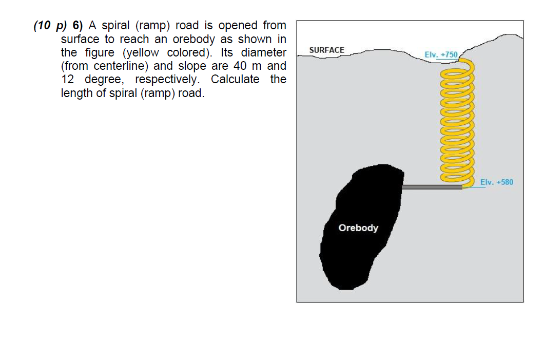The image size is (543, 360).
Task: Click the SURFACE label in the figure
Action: click(x=327, y=50)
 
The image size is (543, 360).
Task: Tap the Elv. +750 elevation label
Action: click(x=441, y=54)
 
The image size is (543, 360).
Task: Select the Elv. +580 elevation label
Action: click(x=497, y=182)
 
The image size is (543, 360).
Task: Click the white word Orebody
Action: click(x=358, y=228)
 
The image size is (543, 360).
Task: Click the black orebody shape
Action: click(x=359, y=257)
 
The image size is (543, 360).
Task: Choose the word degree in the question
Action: click(x=107, y=80)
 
